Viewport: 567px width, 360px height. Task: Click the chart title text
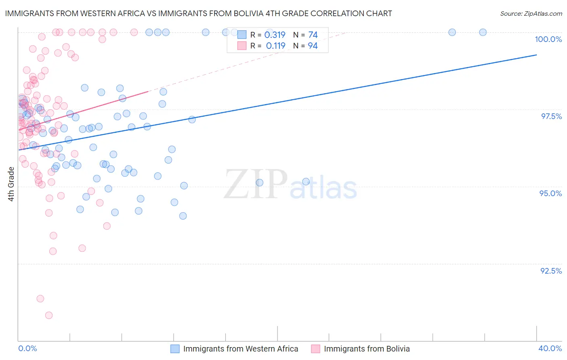tap(198, 13)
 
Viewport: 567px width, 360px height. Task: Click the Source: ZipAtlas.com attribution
tap(531, 13)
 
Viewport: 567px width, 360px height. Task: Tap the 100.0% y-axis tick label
tap(548, 39)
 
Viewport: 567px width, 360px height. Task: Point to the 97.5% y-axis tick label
tap(551, 116)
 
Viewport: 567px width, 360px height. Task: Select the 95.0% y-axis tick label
tap(550, 193)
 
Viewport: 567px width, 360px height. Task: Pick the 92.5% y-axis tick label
tap(551, 271)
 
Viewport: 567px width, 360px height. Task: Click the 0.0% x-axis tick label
tap(27, 348)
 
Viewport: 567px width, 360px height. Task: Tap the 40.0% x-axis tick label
tap(550, 348)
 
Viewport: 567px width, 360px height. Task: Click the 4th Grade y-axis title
tap(11, 184)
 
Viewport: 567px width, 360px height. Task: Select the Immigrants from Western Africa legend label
tap(240, 349)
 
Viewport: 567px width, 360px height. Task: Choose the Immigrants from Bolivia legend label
tap(367, 349)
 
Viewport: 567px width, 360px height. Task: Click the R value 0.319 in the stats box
tap(275, 35)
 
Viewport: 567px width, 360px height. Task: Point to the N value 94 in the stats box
tap(313, 46)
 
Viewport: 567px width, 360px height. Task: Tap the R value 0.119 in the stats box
tap(275, 46)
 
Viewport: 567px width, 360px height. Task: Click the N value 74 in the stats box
tap(313, 35)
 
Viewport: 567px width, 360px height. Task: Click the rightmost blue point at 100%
tap(483, 32)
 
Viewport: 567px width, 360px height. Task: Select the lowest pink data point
tap(49, 315)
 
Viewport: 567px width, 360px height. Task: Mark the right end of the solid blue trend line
tap(536, 55)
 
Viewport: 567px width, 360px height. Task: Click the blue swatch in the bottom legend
tap(175, 349)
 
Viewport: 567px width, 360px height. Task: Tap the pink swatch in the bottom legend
tap(315, 349)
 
